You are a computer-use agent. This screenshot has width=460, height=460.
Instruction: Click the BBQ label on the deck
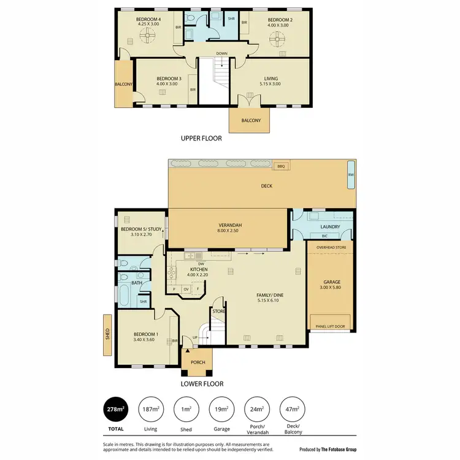pos(282,166)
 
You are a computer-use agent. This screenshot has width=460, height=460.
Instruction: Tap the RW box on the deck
pos(351,175)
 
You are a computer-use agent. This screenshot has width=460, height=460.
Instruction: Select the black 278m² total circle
pos(116,409)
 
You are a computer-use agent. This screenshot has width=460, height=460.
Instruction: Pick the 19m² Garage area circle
pos(222,409)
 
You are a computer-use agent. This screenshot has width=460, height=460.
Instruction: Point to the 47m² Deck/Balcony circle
pos(291,409)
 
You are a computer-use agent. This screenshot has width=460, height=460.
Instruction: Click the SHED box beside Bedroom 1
pos(107,334)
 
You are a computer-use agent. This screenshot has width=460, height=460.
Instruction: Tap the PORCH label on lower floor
pos(197,362)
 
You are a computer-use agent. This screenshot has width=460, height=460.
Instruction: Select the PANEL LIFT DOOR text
pos(329,326)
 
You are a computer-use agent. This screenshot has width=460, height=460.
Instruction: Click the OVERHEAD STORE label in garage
pos(331,248)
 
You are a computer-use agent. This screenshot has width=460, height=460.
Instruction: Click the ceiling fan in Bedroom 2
pos(277,41)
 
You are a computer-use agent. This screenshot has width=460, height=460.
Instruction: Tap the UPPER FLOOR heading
pos(201,139)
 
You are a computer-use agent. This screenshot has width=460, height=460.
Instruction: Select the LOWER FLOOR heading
pos(201,384)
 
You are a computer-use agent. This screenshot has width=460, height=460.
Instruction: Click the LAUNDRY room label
pos(330,226)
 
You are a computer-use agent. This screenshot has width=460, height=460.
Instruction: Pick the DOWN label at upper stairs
pos(221,54)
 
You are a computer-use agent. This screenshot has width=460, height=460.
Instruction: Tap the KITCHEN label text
pos(198,270)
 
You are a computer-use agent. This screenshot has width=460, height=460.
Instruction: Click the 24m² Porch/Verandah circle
pos(256,409)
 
